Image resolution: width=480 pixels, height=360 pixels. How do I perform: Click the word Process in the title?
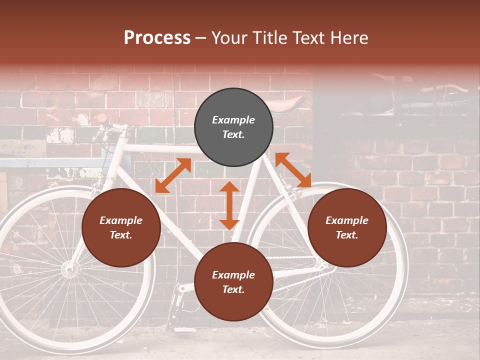(x=157, y=38)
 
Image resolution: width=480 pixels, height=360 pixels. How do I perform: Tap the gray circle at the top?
(x=233, y=127)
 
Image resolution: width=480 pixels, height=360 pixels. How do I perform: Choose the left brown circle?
(x=121, y=227)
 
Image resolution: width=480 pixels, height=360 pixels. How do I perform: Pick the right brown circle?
(x=347, y=227)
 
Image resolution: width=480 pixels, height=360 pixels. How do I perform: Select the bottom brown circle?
(x=233, y=282)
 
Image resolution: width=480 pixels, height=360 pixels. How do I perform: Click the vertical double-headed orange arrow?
(x=229, y=205)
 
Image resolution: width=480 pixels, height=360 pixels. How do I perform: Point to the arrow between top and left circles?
(x=173, y=175)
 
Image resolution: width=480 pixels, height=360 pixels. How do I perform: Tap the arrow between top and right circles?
(x=293, y=170)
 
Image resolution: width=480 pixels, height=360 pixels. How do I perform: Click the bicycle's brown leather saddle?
(x=287, y=104)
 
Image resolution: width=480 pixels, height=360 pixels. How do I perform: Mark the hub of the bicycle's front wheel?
(x=70, y=269)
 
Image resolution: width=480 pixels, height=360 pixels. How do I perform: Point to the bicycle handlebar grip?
(x=102, y=118)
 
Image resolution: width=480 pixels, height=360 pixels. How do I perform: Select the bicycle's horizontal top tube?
(x=160, y=148)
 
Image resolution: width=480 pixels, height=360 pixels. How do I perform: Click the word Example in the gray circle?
(x=233, y=120)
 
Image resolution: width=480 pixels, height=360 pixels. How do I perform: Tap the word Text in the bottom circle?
(x=233, y=289)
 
